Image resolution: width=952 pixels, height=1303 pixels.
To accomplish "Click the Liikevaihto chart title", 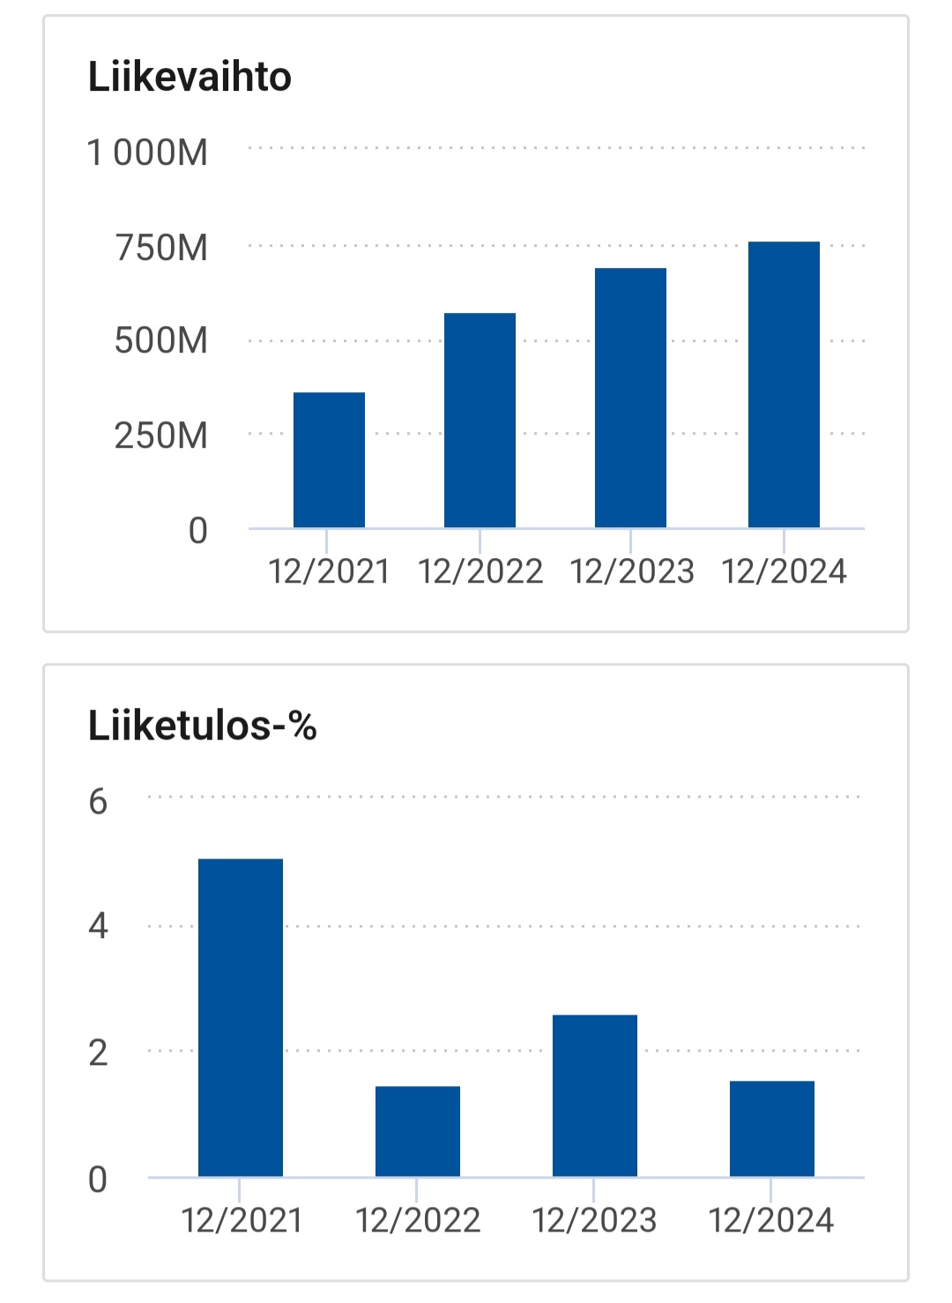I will (190, 78).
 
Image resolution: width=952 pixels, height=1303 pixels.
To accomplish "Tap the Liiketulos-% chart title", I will (202, 726).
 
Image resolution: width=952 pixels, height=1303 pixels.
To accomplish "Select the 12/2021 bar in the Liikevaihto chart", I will (329, 460).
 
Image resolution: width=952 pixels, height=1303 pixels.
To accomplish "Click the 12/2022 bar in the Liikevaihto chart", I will (480, 421).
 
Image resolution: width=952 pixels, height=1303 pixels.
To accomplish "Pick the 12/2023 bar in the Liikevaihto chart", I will (630, 398).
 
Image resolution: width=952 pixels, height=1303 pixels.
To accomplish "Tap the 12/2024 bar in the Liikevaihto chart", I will (784, 384).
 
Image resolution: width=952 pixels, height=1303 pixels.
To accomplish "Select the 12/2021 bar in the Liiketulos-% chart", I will (241, 1017).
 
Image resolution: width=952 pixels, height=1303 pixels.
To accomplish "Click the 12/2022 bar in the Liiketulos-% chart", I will (418, 1131).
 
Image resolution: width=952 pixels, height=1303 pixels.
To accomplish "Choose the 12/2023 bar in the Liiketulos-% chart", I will (595, 1096).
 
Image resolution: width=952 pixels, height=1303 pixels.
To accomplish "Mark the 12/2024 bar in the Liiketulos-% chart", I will (772, 1128).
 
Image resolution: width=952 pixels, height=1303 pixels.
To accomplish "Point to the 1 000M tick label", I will (147, 153).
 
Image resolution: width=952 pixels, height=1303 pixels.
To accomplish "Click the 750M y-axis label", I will (161, 249).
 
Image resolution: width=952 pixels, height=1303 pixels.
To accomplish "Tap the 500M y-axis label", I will (161, 341).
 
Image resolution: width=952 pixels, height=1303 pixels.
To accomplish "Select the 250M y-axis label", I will (161, 436).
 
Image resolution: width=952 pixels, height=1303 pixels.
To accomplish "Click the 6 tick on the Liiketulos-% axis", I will (98, 802).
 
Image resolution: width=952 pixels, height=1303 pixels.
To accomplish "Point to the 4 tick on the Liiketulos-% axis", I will (98, 927).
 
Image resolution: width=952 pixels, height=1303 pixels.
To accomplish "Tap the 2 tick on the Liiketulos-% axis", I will (98, 1053).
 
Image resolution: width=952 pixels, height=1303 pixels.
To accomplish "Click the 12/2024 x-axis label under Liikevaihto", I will (784, 572).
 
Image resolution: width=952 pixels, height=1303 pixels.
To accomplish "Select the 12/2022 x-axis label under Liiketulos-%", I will (418, 1221).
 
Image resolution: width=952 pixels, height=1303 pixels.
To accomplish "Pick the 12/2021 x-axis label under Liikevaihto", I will (329, 572).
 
